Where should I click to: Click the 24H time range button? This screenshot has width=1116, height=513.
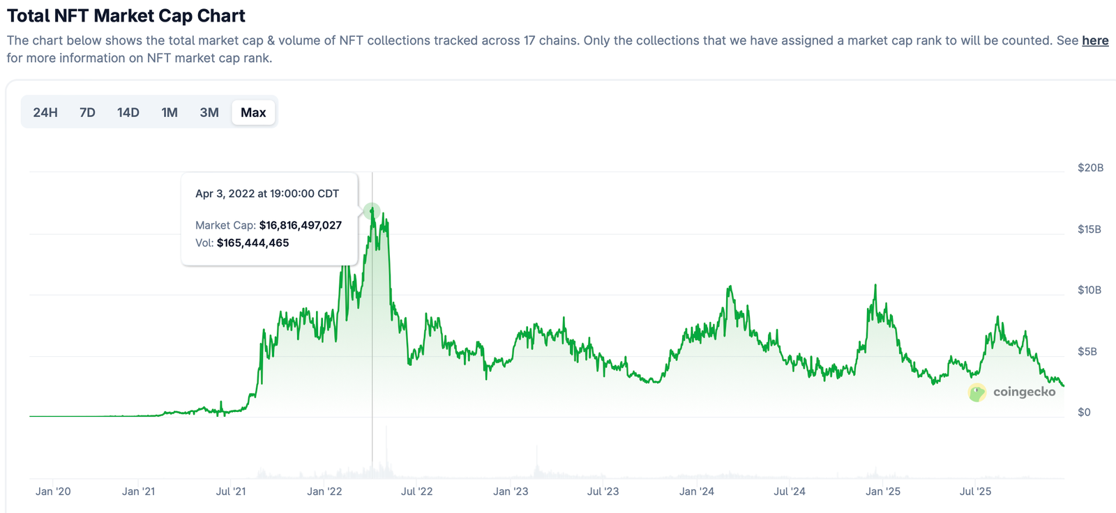coord(45,112)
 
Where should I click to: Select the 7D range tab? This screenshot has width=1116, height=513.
coord(87,112)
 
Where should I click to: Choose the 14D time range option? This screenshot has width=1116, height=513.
coord(128,112)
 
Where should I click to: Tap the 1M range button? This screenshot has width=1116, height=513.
coord(169,112)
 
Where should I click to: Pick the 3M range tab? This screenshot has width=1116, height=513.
coord(209,112)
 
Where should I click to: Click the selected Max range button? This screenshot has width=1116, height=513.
coord(253,112)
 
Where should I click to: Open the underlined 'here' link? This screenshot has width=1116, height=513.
coord(1095,40)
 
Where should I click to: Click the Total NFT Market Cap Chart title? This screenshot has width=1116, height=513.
coord(126,15)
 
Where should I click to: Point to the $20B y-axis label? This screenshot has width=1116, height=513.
coord(1090,167)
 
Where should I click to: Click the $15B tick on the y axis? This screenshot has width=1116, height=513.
coord(1089,229)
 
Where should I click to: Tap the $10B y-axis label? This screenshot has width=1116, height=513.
coord(1089,290)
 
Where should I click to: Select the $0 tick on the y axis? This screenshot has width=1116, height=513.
coord(1084,412)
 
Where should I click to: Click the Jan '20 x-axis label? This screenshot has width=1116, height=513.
coord(53,491)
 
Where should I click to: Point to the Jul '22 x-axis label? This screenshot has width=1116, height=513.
coord(416,491)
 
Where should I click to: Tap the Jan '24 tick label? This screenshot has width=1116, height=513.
coord(697,491)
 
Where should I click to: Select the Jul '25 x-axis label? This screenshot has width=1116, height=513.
coord(975,491)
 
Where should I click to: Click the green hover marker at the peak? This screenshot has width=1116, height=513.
coord(372,210)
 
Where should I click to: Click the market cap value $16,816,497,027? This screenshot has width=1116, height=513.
coord(301,225)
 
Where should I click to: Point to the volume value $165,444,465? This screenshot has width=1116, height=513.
coord(252,243)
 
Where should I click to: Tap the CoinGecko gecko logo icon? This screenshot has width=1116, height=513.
coord(976,392)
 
